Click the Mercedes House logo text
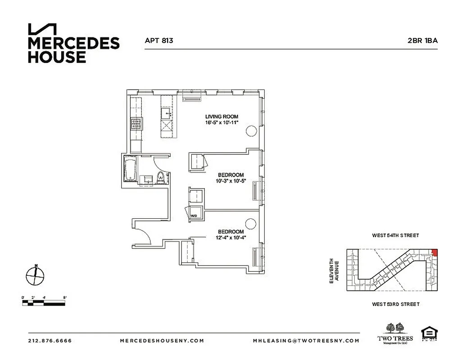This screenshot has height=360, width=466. pyautogui.click(x=73, y=49)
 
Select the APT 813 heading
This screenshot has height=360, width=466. pyautogui.click(x=159, y=40)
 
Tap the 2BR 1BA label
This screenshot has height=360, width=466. pyautogui.click(x=422, y=40)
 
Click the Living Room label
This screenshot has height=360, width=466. pyautogui.click(x=222, y=117)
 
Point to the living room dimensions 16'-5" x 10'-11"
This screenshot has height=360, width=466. pyautogui.click(x=222, y=123)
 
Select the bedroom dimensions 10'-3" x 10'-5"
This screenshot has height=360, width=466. pyautogui.click(x=231, y=181)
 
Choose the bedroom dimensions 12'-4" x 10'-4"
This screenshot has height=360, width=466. pyautogui.click(x=231, y=238)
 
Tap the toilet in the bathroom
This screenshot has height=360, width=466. pyautogui.click(x=161, y=178)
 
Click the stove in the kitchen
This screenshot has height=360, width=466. pyautogui.click(x=136, y=124)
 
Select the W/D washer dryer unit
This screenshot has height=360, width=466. pyautogui.click(x=195, y=213)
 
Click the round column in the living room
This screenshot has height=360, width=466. pyautogui.click(x=251, y=131)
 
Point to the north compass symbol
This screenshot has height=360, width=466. pyautogui.click(x=35, y=275)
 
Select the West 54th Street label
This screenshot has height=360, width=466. pyautogui.click(x=395, y=235)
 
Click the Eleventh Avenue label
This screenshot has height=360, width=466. pyautogui.click(x=333, y=270)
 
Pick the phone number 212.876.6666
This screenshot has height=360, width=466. pyautogui.click(x=50, y=341)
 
